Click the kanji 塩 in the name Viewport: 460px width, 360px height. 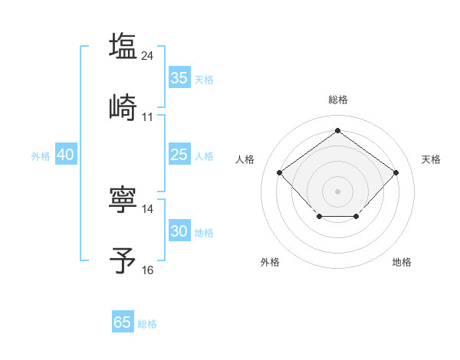123,46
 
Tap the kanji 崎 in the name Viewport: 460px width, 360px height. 123,107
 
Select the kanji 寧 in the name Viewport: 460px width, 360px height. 123,198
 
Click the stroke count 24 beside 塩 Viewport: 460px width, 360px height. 148,55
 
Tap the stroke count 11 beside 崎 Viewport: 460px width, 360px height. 148,116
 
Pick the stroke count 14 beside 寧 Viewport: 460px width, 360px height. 148,208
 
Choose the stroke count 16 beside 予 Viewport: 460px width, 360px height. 148,270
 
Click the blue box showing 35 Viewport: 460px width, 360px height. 179,77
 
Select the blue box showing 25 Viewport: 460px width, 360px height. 179,155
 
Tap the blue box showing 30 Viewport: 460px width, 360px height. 179,231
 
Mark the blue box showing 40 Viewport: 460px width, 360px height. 66,155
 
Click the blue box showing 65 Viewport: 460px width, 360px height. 123,322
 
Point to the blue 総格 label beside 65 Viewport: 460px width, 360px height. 147,324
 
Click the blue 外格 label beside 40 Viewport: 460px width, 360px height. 41,156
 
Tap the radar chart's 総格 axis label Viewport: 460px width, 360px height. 338,100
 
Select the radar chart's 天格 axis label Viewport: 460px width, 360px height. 431,159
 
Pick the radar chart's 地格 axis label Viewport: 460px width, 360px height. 402,262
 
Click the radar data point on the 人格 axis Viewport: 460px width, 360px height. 280,172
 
